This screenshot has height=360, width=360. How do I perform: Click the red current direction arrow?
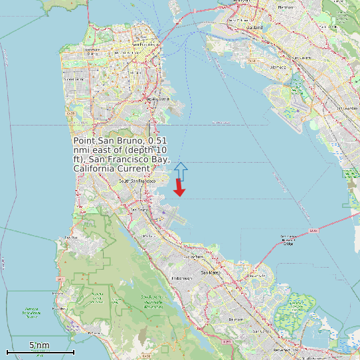point(179,189)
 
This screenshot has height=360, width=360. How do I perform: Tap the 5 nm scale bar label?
point(39,345)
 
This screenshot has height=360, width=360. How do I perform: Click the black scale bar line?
point(40,351)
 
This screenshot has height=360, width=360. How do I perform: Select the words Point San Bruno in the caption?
point(109,141)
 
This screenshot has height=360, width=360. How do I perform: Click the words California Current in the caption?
point(112,169)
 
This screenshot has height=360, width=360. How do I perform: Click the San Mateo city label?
point(211,272)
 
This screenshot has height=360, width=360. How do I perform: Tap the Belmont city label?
point(235,319)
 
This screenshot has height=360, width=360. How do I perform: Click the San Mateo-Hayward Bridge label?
point(288,240)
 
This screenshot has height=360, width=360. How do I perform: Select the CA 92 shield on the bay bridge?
point(313,231)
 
